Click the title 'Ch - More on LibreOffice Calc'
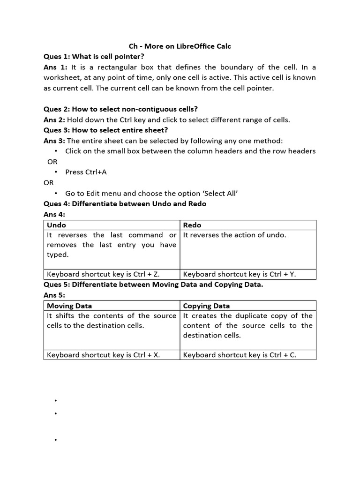pos(180,46)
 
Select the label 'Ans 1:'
pos(55,67)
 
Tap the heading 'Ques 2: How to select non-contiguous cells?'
pos(120,109)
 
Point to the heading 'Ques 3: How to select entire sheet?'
pos(105,130)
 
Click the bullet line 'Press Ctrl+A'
pos(86,172)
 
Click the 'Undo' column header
pos(57,225)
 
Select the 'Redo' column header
pos(192,225)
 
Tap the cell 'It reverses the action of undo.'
pos(234,235)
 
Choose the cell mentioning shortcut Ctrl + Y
pos(240,274)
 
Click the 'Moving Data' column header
pos(69,306)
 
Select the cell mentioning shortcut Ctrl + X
pos(104,355)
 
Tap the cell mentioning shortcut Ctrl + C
pos(240,355)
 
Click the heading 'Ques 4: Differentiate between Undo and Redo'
pos(125,203)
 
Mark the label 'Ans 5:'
pos(54,295)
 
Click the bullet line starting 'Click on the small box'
pos(190,151)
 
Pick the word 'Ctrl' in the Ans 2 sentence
pos(117,120)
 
